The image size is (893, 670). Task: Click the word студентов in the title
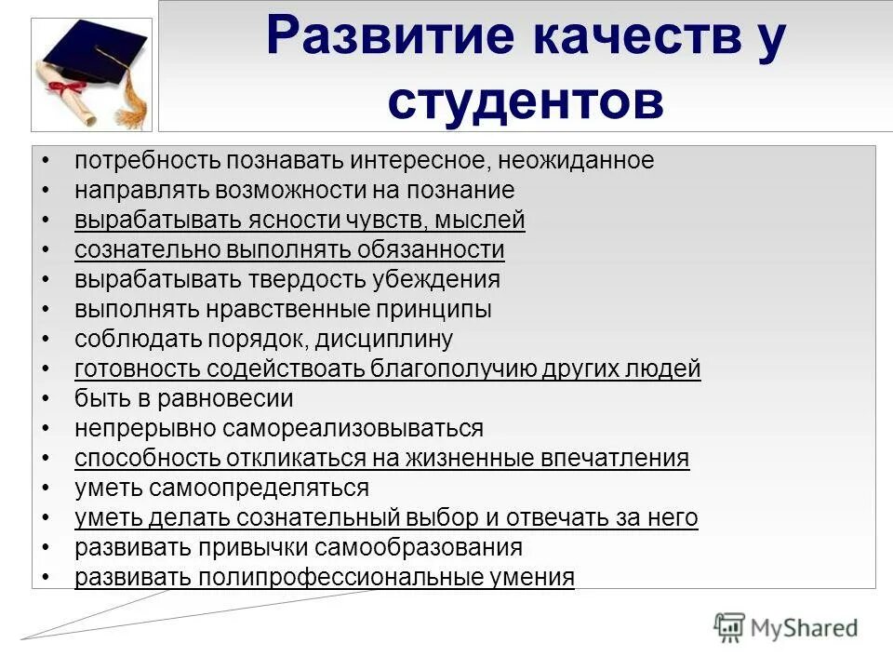526,101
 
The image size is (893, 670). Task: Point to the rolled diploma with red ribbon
65,89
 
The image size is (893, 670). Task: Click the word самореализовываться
353,428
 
